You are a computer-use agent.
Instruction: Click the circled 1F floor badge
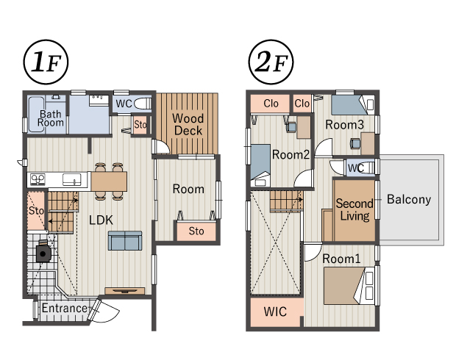(46, 62)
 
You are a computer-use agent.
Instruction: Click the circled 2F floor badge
(271, 62)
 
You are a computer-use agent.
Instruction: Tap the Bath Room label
(50, 118)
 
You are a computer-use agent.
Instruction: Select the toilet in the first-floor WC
(143, 104)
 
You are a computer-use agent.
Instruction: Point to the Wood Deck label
(188, 124)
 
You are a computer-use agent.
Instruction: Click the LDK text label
(101, 220)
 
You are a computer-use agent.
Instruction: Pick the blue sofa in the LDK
(125, 240)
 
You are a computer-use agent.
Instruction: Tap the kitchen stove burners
(38, 179)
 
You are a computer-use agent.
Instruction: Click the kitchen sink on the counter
(72, 179)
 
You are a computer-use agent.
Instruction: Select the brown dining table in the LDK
(109, 181)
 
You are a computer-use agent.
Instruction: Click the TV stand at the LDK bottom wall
(125, 290)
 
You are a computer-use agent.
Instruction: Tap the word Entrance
(64, 308)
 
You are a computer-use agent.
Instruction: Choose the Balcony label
(409, 200)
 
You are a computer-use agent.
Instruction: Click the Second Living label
(355, 209)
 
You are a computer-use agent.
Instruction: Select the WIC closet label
(275, 312)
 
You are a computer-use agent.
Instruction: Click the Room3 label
(344, 125)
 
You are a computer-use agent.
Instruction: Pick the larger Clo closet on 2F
(270, 104)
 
